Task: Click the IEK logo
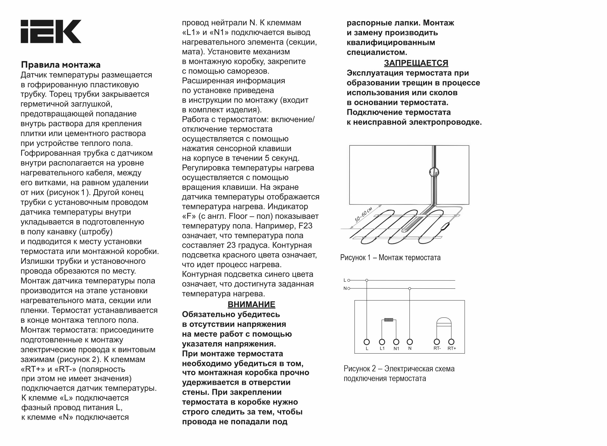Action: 51,31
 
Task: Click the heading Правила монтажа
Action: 61,65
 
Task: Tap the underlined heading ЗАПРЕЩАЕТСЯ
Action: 416,63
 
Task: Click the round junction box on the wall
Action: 434,172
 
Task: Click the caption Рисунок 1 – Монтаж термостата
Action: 390,257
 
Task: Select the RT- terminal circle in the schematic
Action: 436,342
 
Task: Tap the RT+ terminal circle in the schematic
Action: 451,342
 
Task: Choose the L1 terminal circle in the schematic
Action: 382,342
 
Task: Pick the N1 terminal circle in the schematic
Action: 396,342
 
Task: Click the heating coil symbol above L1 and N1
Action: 389,320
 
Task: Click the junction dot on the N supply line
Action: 410,289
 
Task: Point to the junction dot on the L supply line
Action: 367,280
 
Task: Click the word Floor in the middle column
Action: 238,216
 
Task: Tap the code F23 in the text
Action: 305,226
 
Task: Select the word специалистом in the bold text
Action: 377,52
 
